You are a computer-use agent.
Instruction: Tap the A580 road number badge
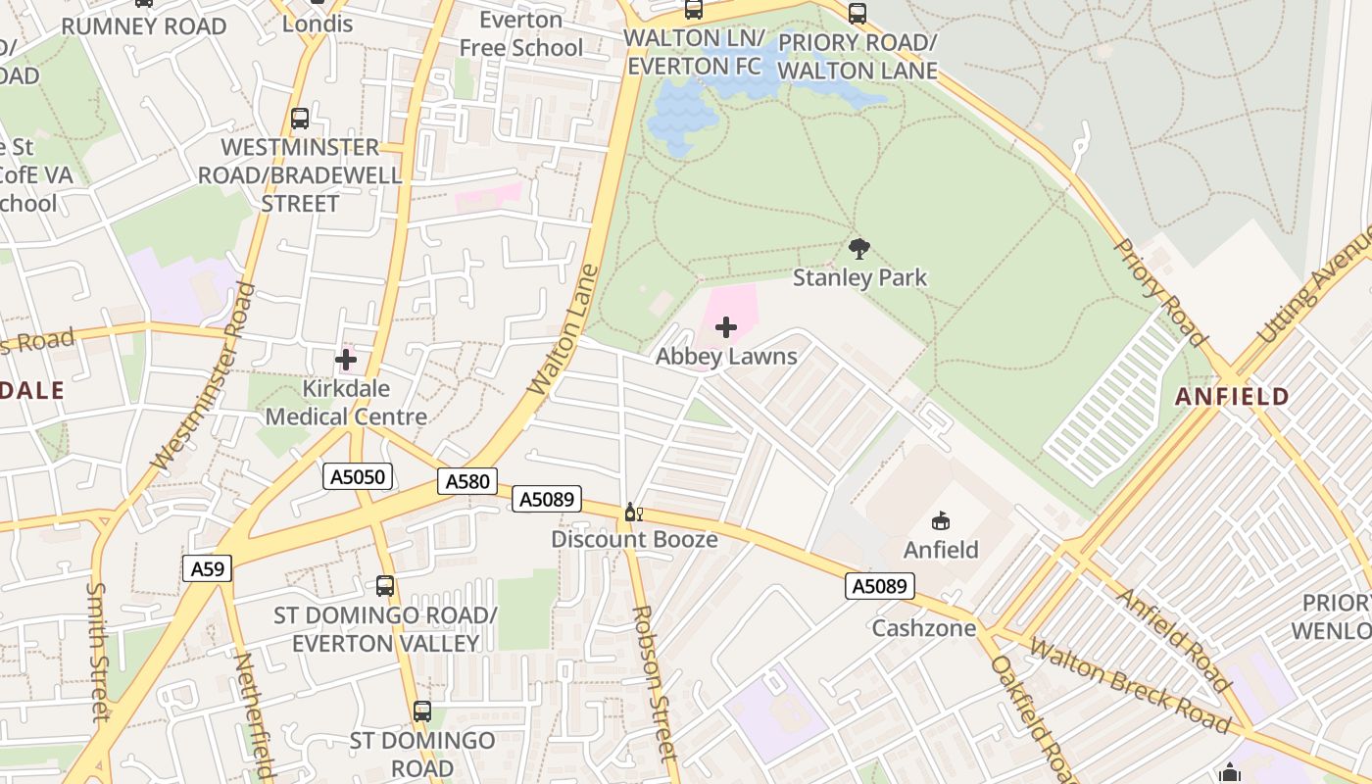(467, 481)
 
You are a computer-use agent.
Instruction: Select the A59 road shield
(207, 568)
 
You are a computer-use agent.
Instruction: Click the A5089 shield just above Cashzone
(880, 586)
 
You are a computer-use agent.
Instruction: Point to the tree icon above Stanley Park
(859, 249)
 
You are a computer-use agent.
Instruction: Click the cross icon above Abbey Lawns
(726, 327)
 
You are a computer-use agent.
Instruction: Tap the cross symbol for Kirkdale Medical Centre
(346, 361)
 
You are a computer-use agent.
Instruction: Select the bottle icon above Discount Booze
(633, 513)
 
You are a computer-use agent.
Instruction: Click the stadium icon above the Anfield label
(941, 520)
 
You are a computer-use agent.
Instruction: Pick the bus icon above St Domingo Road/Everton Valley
(385, 586)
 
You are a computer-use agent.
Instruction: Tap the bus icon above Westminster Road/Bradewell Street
(300, 119)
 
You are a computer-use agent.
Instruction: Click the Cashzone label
(924, 628)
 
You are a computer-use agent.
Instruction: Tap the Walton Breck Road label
(1128, 685)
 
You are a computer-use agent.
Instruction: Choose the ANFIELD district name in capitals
(1232, 397)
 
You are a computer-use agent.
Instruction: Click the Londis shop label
(317, 24)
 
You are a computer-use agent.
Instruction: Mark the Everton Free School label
(520, 34)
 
